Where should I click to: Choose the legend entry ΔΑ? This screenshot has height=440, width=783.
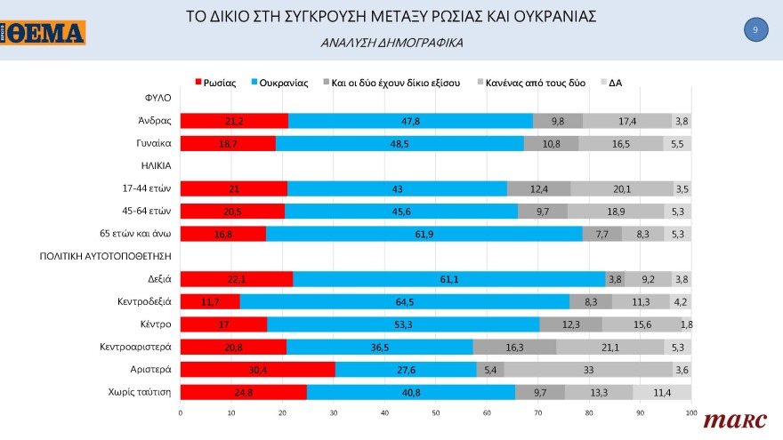click(615, 83)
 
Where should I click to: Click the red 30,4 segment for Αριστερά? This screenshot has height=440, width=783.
click(257, 369)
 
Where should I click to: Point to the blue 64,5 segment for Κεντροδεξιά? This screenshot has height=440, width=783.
click(404, 301)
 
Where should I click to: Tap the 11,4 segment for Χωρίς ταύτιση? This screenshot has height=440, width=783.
click(662, 391)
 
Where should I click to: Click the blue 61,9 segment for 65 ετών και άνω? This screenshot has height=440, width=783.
click(424, 234)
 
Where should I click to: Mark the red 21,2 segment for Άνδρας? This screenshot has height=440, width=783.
click(233, 121)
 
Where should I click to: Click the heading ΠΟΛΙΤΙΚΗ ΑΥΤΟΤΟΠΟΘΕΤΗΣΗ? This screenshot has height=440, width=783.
click(106, 256)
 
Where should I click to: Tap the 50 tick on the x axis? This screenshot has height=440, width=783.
click(435, 413)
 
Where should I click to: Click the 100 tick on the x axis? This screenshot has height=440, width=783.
click(690, 413)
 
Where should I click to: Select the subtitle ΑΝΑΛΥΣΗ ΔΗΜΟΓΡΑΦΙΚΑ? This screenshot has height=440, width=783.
click(391, 43)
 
